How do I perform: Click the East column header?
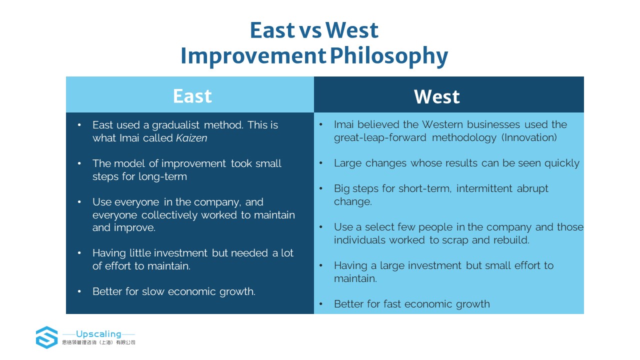(192, 96)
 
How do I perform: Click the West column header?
(437, 97)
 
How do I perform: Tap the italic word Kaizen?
(191, 138)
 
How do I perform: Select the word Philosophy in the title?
(389, 56)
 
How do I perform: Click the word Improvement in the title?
(253, 56)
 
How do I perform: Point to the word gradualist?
(175, 125)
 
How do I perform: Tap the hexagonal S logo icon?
(47, 337)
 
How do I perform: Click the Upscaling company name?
(98, 334)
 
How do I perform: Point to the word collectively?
(169, 215)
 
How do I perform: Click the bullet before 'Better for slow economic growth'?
(79, 291)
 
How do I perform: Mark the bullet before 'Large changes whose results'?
(321, 163)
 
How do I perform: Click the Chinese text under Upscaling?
(98, 342)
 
